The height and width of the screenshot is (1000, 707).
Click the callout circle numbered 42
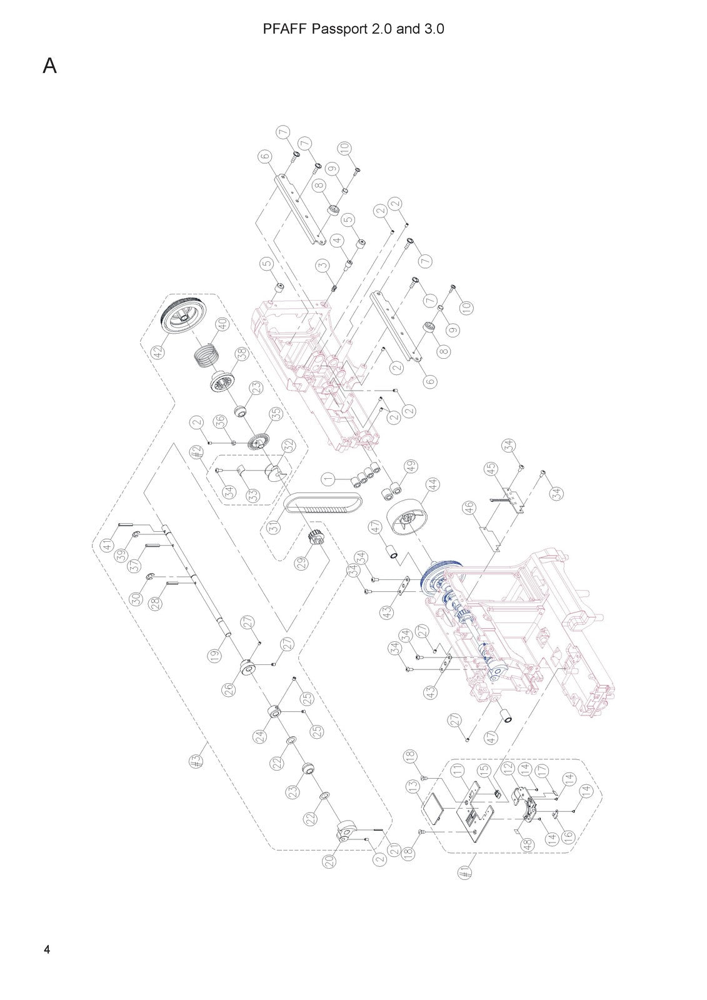pos(159,352)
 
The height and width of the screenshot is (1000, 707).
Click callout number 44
pos(432,484)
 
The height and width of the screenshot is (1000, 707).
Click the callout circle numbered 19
pos(215,656)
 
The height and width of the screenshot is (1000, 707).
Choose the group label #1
pos(465,874)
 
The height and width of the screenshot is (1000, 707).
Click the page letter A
pos(49,66)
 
